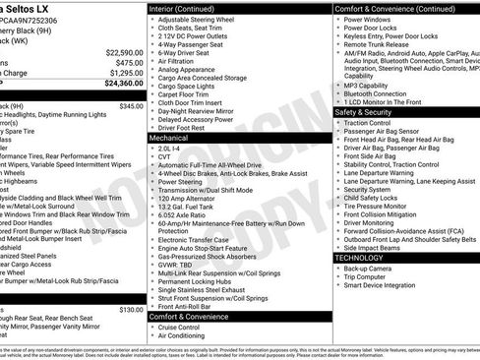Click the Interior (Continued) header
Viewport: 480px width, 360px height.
190,8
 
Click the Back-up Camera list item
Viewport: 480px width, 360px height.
370,268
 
